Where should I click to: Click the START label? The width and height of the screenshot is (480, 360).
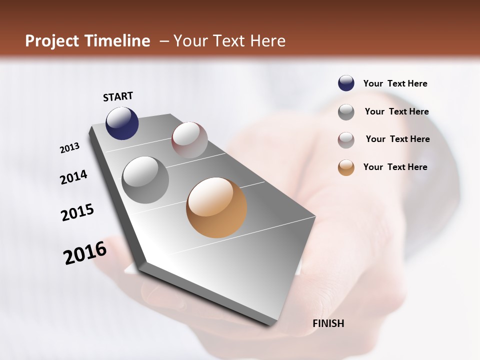click(x=118, y=96)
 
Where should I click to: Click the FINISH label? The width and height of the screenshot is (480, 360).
click(x=328, y=323)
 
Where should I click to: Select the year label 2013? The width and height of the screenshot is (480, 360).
click(x=69, y=148)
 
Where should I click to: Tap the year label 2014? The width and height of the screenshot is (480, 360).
click(x=73, y=177)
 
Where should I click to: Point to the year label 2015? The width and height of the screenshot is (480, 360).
click(x=77, y=212)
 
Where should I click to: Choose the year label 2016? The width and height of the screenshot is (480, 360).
click(x=85, y=253)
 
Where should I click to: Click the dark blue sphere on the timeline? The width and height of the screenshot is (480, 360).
click(x=122, y=123)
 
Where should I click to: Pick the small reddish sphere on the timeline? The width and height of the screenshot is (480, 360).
click(x=189, y=140)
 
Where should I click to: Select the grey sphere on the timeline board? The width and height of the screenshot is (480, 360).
click(x=145, y=180)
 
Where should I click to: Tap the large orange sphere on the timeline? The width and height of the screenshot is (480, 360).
click(x=216, y=207)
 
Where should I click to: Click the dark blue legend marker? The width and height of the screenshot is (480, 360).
click(x=346, y=83)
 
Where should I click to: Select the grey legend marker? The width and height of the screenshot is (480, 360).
click(x=346, y=112)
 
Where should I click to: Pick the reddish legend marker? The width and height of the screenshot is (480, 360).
click(x=346, y=140)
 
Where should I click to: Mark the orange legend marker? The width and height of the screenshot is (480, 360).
click(x=346, y=167)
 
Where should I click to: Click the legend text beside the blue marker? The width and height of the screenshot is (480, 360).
click(x=395, y=83)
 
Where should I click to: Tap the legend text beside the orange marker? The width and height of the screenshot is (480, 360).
click(x=395, y=167)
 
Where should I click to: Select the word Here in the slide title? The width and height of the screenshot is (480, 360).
click(x=267, y=41)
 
